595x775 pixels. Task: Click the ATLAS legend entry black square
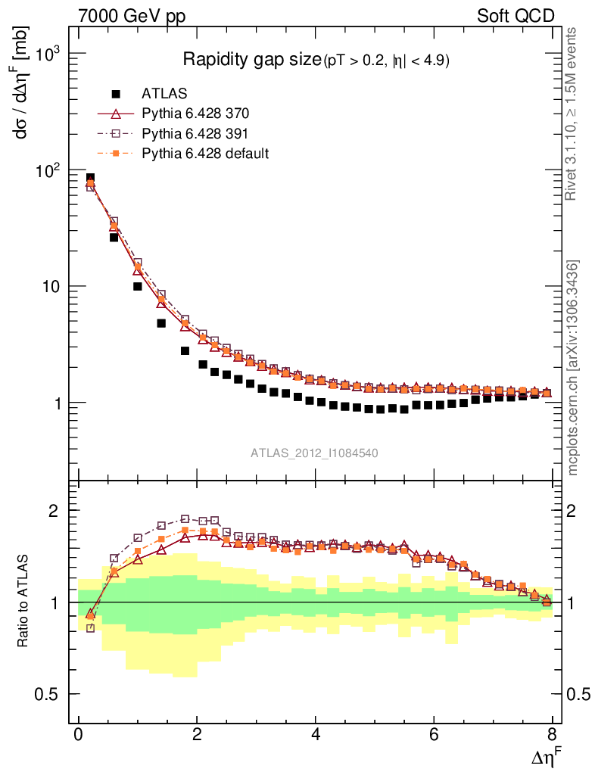(116, 94)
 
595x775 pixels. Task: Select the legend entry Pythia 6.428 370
(195, 114)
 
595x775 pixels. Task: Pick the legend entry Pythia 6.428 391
(195, 133)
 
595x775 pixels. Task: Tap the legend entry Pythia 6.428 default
(205, 153)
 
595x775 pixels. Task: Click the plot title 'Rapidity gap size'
(251, 61)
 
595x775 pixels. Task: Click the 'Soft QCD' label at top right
(516, 16)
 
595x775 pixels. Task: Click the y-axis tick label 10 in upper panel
(50, 287)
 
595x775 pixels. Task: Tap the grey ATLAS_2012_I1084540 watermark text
(314, 453)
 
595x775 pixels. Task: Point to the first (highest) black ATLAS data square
(91, 179)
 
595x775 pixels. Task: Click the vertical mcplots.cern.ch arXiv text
(573, 368)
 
